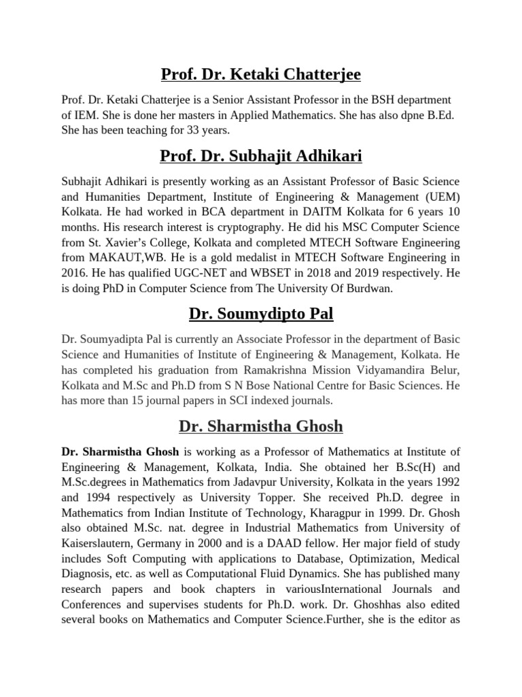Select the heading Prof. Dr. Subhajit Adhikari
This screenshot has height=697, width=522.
tap(261, 157)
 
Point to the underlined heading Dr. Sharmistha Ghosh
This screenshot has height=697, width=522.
tap(261, 426)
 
